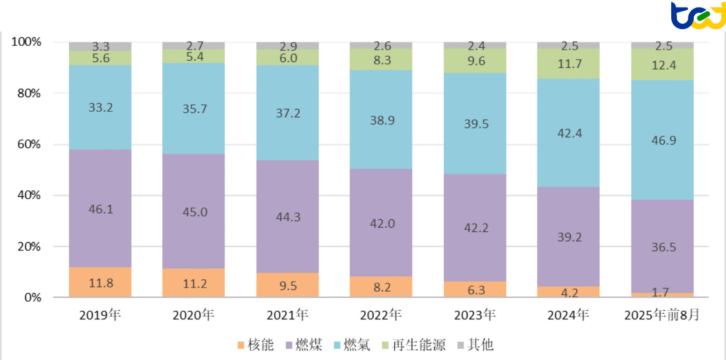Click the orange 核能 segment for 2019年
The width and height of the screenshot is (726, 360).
point(100,282)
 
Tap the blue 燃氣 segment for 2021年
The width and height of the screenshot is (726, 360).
point(287,112)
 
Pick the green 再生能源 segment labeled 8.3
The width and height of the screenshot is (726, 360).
point(381,59)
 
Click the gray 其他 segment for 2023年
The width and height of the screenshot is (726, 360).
point(475,45)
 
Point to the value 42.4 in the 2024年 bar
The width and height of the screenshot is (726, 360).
point(569,133)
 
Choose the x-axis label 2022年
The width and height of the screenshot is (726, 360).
point(381,316)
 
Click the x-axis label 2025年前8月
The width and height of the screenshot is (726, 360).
point(661,316)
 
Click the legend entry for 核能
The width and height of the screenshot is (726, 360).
point(255,346)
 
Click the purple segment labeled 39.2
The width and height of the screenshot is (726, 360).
point(569,238)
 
